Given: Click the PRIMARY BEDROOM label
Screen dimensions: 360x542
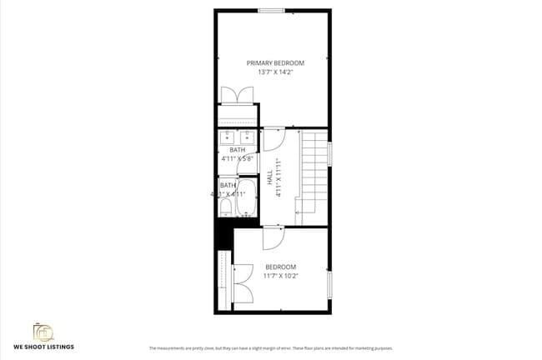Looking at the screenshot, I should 274,62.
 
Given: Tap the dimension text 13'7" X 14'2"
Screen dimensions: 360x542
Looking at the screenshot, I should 274,72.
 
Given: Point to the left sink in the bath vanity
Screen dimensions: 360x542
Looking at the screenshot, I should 227,137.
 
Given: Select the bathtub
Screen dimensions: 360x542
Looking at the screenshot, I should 248,196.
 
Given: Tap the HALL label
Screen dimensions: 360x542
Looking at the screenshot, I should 269,178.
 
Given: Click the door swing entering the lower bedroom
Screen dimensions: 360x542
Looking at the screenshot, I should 274,238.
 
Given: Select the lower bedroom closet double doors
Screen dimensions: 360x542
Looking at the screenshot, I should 243,283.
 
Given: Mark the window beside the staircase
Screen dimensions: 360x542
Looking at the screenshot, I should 330,153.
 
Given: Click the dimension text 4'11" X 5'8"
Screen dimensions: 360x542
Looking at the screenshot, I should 238,158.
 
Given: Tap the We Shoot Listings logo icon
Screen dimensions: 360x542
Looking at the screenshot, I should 43,331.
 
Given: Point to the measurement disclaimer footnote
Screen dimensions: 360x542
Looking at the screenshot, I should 270,347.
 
